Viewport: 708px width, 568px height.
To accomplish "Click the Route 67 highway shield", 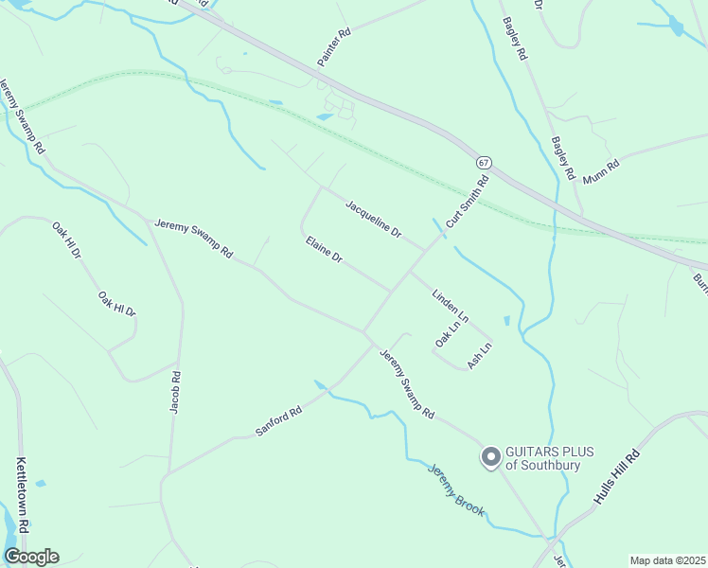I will [x=484, y=163].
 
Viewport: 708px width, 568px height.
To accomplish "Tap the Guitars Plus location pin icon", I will [x=490, y=458].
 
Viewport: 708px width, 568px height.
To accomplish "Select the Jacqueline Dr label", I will [x=374, y=219].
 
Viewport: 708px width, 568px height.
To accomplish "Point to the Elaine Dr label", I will [x=324, y=250].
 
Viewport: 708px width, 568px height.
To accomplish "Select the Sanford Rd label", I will [x=278, y=421].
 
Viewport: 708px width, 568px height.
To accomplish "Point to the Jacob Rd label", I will [x=175, y=391].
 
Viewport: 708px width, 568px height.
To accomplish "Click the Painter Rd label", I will [x=334, y=44].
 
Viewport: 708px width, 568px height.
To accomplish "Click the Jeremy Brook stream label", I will [x=456, y=489].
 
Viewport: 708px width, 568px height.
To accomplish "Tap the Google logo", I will [x=31, y=557].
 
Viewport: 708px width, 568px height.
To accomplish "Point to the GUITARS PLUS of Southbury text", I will [x=550, y=458].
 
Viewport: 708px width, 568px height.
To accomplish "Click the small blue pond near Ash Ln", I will [x=506, y=321].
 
